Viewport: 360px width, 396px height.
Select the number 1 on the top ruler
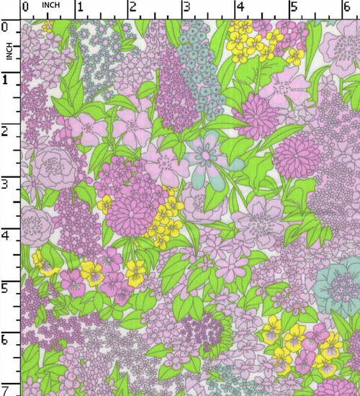(79, 7)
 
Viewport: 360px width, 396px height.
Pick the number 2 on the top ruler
(132, 7)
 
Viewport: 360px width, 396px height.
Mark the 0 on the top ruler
(26, 7)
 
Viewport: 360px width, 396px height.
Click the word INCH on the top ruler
(51, 5)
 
